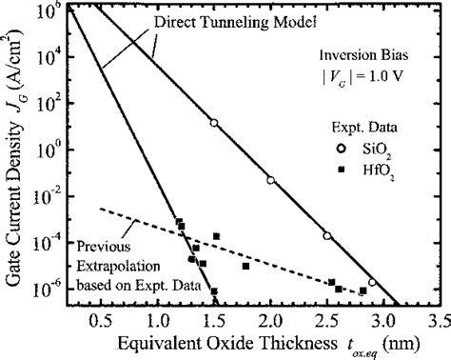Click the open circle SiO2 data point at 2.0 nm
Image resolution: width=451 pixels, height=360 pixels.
coord(270,180)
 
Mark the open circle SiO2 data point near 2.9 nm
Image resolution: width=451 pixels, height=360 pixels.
coord(372,283)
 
